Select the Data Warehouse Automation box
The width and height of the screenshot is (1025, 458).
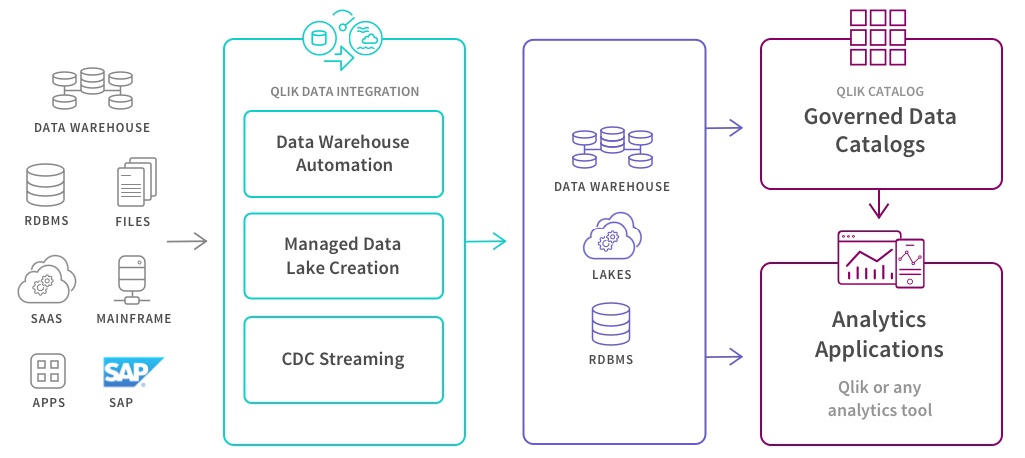(343, 153)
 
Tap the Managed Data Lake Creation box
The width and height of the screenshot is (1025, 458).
(343, 256)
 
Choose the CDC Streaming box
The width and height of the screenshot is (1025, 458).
(343, 359)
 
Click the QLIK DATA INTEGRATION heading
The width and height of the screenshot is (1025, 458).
(344, 92)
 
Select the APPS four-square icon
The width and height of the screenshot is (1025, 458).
(47, 372)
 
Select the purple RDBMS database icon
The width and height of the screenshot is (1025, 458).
(612, 326)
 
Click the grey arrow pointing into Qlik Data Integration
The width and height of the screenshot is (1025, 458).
(187, 240)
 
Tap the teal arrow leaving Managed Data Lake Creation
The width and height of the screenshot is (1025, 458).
(487, 240)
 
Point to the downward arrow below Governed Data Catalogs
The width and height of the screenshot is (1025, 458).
(879, 205)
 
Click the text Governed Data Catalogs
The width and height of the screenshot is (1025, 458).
(879, 130)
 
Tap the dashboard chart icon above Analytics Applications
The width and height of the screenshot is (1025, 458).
(879, 259)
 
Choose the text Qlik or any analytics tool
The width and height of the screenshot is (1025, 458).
(879, 399)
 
